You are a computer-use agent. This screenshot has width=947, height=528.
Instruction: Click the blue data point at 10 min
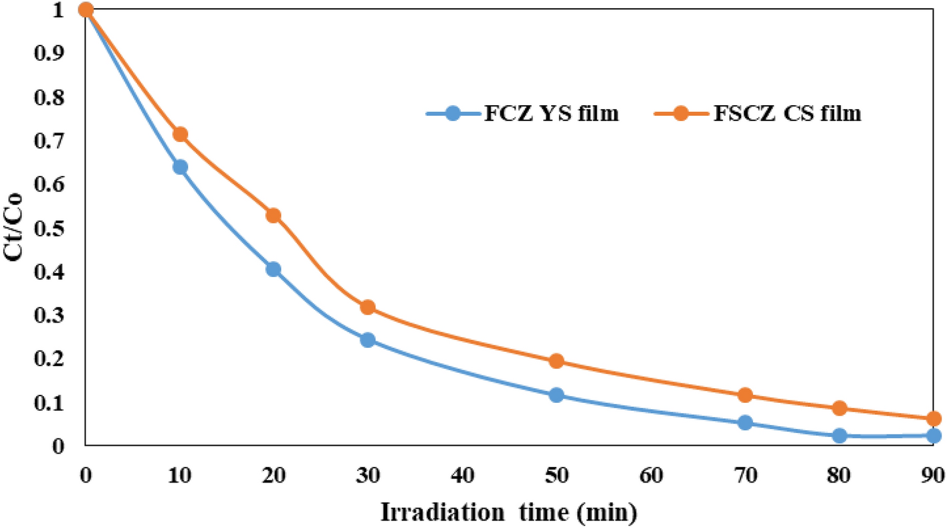[179, 167]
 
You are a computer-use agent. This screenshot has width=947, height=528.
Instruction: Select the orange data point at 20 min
[273, 215]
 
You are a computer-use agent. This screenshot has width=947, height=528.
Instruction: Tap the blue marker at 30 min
[367, 340]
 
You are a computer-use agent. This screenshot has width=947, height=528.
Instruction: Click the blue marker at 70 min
[745, 422]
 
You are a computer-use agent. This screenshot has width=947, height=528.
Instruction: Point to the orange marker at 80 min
[839, 408]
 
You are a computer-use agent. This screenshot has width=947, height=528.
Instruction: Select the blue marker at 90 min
[934, 436]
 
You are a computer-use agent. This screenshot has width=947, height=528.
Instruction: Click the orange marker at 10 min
[179, 135]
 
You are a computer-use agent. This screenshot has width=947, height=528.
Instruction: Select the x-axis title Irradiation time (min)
[509, 513]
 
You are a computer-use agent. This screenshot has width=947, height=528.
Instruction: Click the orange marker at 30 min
[367, 307]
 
